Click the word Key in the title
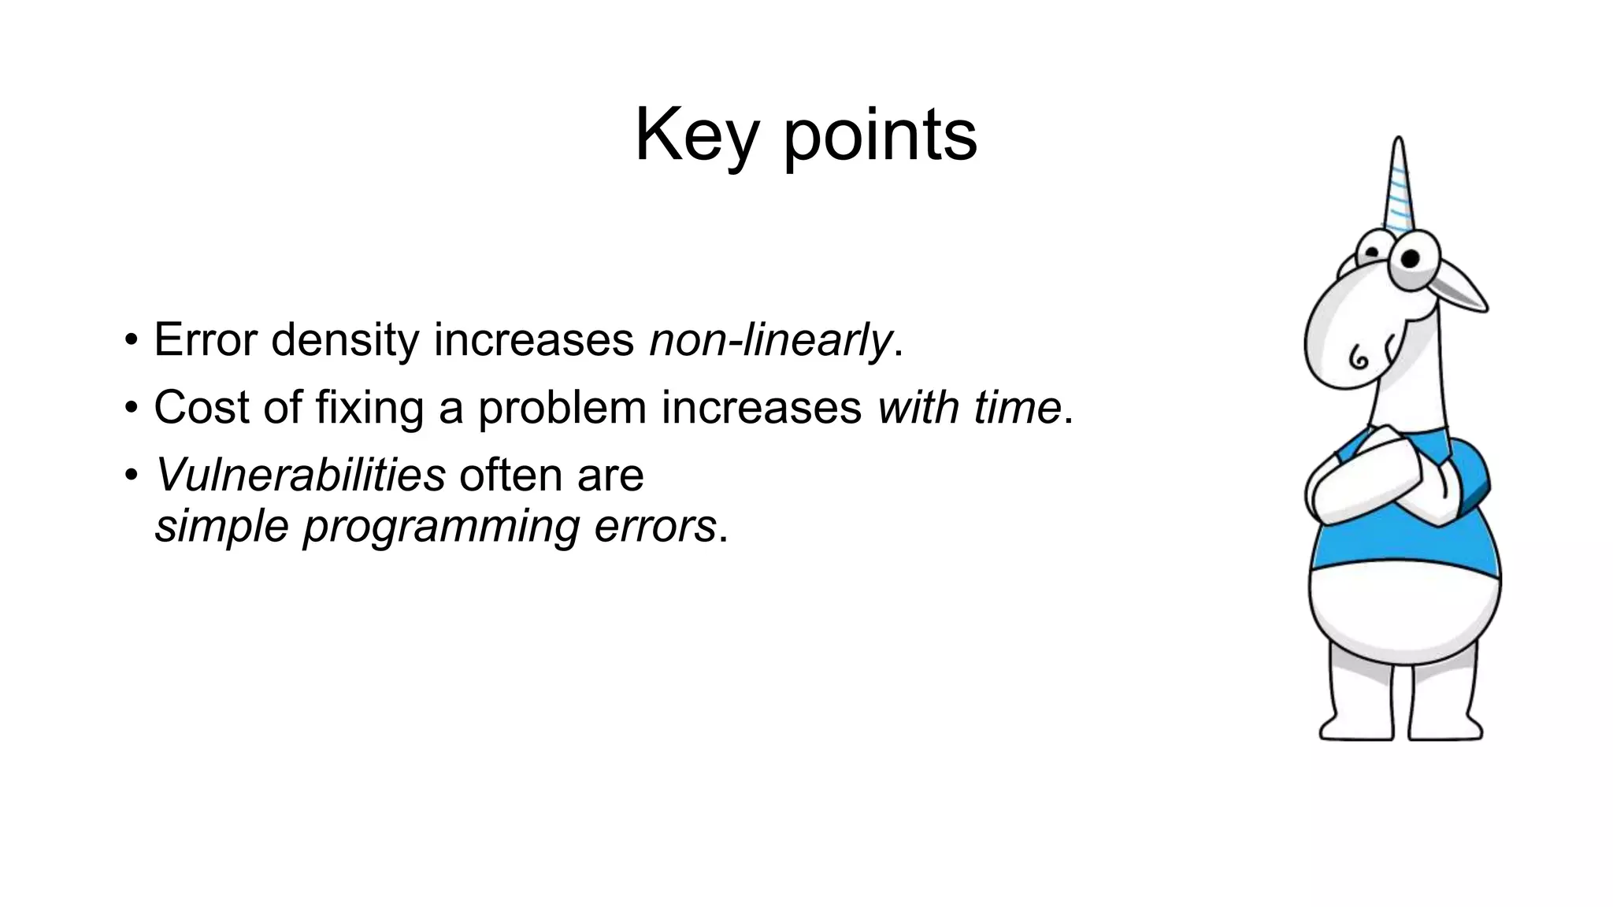696,135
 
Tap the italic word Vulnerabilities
300,475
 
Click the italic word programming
441,525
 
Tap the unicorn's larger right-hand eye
1411,260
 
